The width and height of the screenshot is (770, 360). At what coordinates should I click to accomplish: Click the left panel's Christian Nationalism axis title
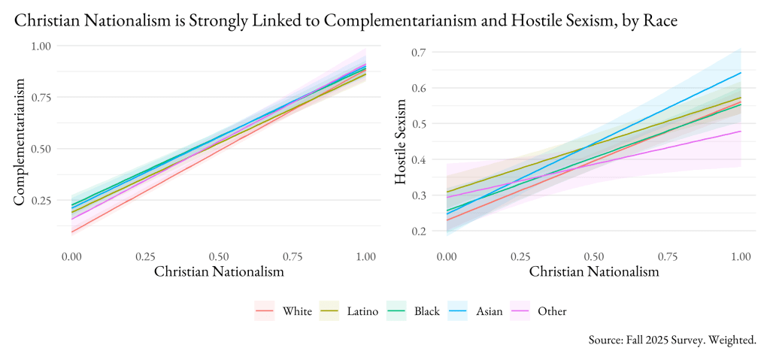[x=219, y=272]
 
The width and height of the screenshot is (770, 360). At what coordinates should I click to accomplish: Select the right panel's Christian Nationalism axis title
[x=594, y=272]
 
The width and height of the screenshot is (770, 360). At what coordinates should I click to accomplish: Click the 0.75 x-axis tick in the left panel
[x=293, y=256]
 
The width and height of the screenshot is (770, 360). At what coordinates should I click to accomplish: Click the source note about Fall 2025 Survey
[x=672, y=340]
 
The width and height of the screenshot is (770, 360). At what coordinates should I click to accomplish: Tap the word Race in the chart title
[x=661, y=22]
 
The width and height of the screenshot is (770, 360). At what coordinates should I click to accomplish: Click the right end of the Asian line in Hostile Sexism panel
[x=741, y=73]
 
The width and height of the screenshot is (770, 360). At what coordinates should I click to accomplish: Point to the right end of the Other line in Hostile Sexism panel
[x=741, y=131]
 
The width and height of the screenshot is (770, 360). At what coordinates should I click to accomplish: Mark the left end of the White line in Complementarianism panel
[x=72, y=231]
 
